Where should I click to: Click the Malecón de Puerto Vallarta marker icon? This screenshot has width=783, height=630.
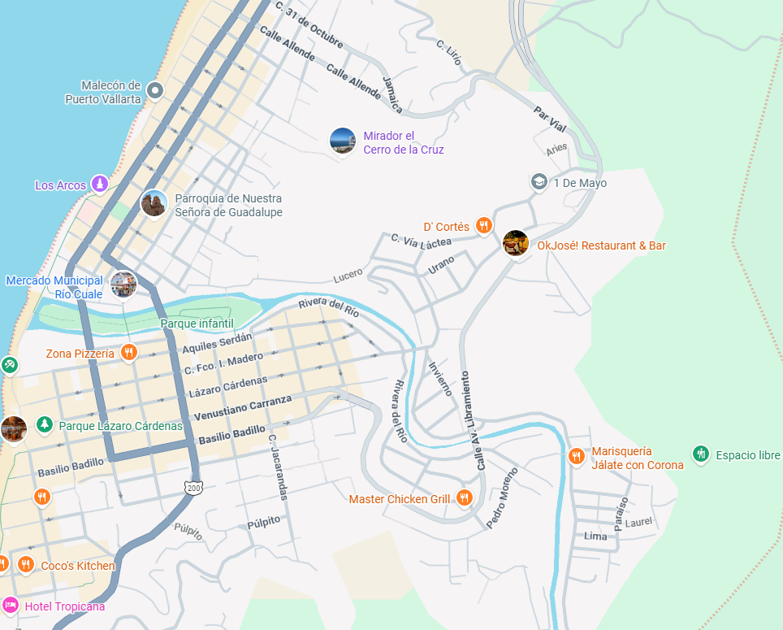pos(155,90)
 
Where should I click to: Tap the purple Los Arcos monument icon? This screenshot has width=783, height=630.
pos(99,185)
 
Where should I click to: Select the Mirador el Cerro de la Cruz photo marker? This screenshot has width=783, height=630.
pos(343,141)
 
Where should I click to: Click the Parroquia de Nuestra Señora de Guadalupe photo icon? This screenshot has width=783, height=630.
pos(154,203)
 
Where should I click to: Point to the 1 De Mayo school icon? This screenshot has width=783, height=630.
pos(539,182)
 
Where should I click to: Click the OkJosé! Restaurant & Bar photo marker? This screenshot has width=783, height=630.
pos(516,243)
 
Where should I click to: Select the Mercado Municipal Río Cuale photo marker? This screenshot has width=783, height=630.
pos(123,284)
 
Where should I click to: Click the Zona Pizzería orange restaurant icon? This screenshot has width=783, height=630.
pos(128,353)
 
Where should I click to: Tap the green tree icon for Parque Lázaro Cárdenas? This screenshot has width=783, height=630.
pos(44,425)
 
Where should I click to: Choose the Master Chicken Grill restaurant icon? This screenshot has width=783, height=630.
pos(464,498)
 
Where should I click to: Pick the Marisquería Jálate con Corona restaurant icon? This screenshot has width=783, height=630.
pos(577,457)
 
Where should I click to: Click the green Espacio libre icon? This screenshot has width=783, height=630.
pos(701,454)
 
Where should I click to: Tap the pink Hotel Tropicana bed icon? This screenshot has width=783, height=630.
pos(11,606)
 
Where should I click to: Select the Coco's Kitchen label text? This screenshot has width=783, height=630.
pos(78,566)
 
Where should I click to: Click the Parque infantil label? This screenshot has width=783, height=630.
pos(197,324)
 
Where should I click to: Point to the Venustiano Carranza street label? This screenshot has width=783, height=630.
pos(242,407)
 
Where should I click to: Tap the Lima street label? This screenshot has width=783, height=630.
pos(595,537)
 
